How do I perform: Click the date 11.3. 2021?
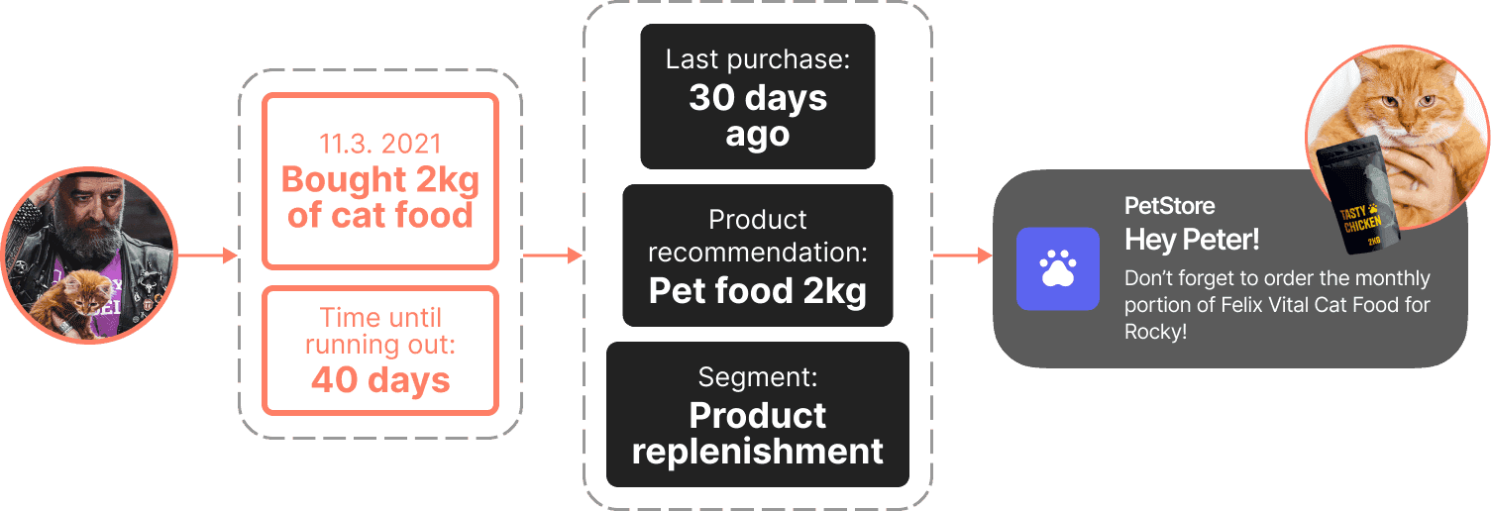[379, 145]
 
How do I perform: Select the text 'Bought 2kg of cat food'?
[379, 197]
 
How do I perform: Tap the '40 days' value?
[380, 380]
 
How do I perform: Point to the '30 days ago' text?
[758, 116]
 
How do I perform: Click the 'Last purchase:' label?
[758, 59]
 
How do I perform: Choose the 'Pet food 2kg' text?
[758, 290]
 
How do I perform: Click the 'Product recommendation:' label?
[758, 236]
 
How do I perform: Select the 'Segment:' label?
[758, 376]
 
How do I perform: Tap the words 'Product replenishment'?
[758, 433]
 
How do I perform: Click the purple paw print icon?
[1058, 268]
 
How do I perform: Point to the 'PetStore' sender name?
[1169, 206]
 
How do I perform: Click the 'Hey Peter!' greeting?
[1192, 240]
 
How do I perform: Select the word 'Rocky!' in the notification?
[1155, 332]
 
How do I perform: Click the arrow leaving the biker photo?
[208, 255]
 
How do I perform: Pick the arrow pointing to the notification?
[963, 255]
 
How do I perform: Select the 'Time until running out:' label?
[380, 331]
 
